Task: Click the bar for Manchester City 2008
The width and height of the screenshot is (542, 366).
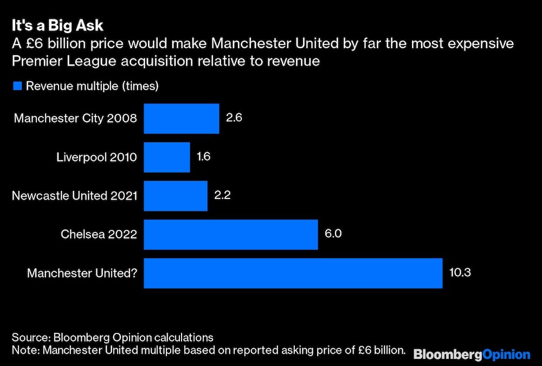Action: tap(182, 118)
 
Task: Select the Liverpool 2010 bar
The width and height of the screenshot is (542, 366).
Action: tap(167, 157)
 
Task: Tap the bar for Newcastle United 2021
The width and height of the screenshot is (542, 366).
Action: tap(176, 196)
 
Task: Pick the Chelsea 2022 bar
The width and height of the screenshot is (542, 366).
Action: tap(231, 234)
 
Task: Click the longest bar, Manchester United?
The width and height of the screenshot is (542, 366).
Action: tap(293, 273)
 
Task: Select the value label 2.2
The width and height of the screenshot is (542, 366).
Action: tap(222, 196)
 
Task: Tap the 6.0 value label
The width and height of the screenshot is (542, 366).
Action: tap(332, 234)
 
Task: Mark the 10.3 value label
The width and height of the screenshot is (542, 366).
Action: tap(460, 273)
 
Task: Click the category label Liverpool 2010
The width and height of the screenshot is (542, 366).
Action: tap(96, 157)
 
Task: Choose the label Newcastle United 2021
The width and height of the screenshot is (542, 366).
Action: tap(74, 196)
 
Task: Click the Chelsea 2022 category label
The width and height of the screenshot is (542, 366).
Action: tap(99, 234)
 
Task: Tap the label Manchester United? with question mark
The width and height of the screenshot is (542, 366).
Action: tap(82, 273)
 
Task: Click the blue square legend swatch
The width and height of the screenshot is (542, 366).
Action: tap(17, 86)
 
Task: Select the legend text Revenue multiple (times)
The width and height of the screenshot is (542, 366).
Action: tap(92, 86)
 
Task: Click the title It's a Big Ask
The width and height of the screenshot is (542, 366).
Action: tap(58, 26)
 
